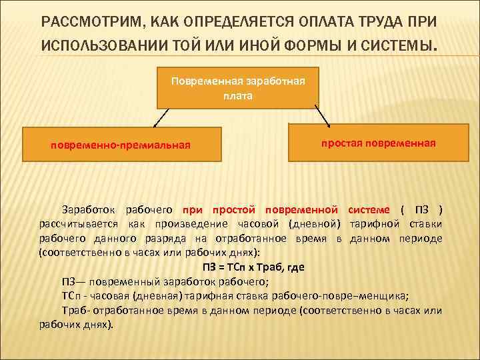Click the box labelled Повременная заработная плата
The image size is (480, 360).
pos(238,87)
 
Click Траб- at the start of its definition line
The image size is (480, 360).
pos(75,311)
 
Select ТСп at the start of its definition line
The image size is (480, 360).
pos(72,297)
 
